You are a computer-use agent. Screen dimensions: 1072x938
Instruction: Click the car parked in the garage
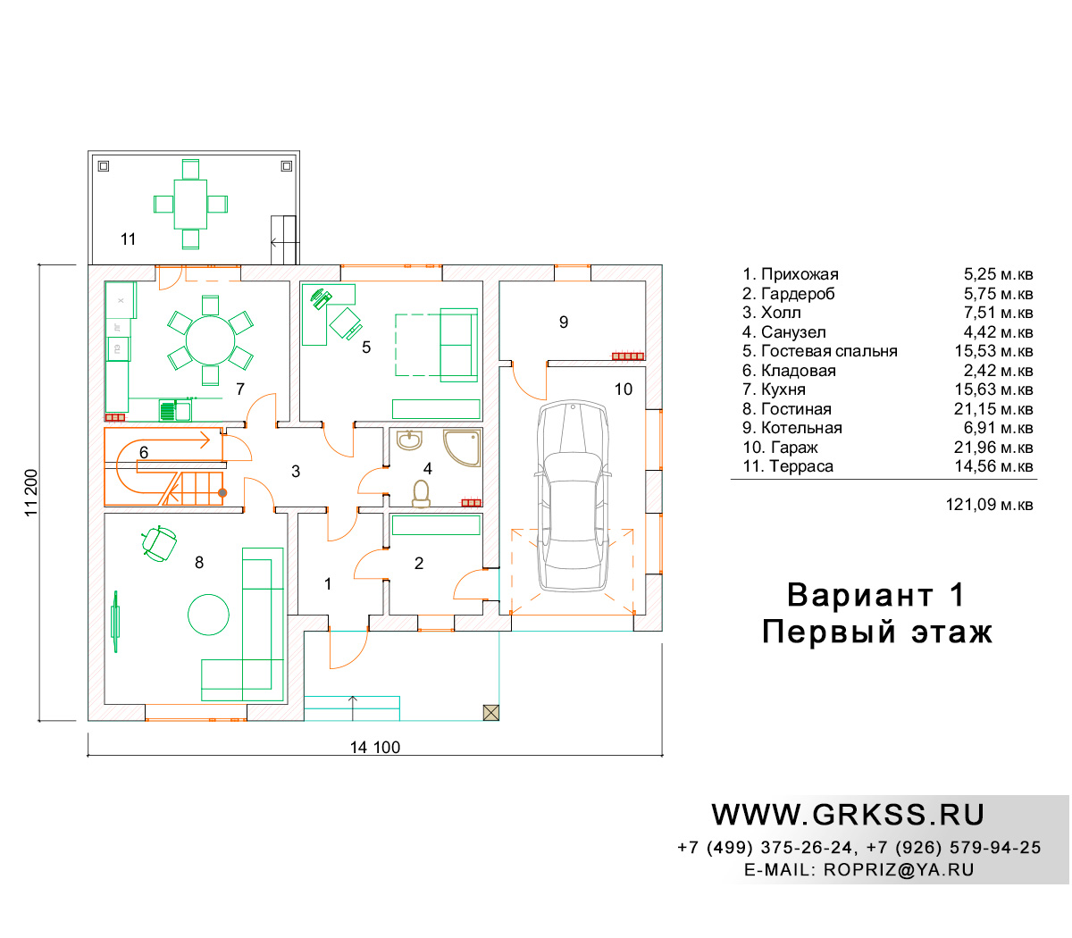click(573, 496)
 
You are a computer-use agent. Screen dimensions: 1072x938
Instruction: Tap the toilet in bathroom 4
click(422, 494)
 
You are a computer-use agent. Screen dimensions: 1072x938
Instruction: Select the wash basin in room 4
click(409, 440)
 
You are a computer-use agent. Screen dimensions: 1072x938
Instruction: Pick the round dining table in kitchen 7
click(210, 340)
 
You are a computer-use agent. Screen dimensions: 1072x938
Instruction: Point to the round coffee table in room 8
click(208, 615)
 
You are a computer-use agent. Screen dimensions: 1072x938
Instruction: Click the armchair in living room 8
click(159, 543)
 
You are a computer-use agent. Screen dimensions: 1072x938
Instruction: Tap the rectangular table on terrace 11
click(190, 204)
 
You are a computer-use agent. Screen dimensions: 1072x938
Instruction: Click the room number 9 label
click(563, 322)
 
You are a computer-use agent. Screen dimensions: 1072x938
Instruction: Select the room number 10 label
click(623, 389)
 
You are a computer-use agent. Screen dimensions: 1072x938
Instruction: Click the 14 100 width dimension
click(374, 747)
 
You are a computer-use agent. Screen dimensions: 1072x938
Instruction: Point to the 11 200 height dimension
click(31, 492)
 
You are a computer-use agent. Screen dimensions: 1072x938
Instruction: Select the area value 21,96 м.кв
click(993, 447)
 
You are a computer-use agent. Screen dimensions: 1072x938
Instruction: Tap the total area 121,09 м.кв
click(989, 504)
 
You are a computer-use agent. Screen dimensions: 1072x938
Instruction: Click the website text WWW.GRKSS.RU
click(847, 815)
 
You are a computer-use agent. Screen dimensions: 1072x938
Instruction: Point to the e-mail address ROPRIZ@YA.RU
click(899, 869)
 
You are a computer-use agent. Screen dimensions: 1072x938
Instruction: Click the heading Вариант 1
click(876, 595)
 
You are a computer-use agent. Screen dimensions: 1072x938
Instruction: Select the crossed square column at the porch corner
click(491, 712)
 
